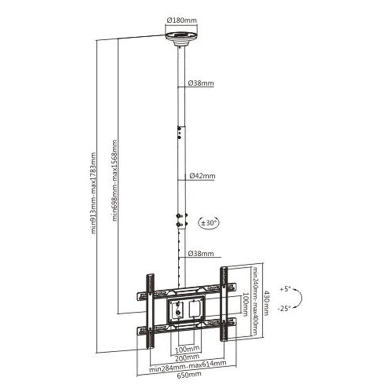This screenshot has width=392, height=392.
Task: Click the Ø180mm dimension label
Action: (x=181, y=20)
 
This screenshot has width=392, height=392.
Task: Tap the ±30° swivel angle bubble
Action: (x=210, y=222)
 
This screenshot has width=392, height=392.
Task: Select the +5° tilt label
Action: (x=285, y=289)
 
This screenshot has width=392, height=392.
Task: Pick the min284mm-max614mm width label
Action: (x=188, y=363)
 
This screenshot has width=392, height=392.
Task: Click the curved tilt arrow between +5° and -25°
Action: (x=300, y=298)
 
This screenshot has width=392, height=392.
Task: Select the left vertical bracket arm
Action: (x=149, y=309)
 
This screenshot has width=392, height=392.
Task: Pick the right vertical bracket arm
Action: (x=224, y=304)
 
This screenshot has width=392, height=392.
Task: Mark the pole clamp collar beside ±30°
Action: (x=181, y=220)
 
